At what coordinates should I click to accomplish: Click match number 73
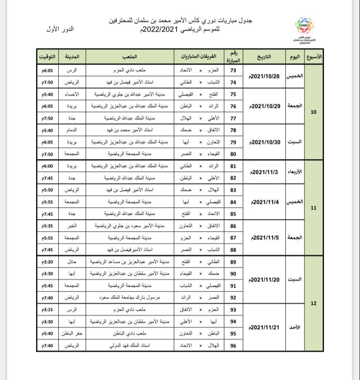pos(233,70)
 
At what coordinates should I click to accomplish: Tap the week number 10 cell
pos(314,112)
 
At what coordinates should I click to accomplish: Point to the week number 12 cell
pos(314,303)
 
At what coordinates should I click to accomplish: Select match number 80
pos(233,154)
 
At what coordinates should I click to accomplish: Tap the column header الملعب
pos(130,57)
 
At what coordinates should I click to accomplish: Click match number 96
pos(233,346)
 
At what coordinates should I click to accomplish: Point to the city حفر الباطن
pos(72,334)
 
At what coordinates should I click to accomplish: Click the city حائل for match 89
pos(72,262)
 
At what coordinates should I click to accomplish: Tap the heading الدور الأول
pos(59,29)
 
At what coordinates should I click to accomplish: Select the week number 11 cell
pos(314,208)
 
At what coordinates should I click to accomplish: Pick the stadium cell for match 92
pos(130,298)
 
